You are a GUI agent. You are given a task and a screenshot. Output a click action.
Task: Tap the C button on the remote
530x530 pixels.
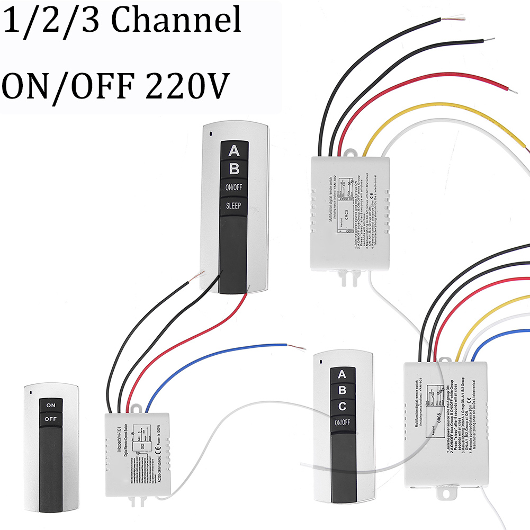tap(342, 407)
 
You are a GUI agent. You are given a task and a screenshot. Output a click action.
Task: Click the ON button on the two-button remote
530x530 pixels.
tap(51, 405)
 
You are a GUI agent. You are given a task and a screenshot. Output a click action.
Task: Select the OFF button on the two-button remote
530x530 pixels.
tap(51, 419)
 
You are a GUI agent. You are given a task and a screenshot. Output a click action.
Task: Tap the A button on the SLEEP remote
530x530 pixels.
tap(234, 151)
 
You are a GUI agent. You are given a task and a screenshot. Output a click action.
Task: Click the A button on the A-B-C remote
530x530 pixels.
tap(342, 375)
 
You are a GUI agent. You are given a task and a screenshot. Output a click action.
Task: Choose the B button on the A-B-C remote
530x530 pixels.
tap(342, 391)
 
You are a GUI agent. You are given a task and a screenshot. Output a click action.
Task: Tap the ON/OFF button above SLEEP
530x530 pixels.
tap(234, 187)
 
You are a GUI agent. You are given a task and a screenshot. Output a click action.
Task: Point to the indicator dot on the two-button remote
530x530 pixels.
tap(30, 392)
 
